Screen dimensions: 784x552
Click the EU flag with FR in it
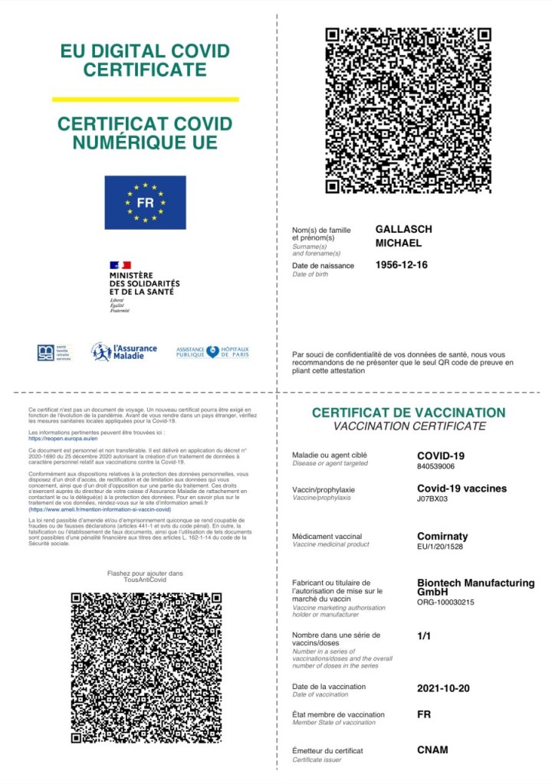tap(145, 203)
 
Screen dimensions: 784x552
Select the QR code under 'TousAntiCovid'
tap(146, 667)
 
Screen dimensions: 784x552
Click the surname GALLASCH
tap(403, 229)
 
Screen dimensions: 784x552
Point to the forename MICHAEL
tap(398, 243)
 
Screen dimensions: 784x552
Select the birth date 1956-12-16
tap(401, 265)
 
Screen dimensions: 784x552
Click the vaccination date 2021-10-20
tap(443, 688)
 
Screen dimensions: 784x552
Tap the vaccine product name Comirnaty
tap(442, 536)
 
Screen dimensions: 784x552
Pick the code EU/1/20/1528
tap(439, 547)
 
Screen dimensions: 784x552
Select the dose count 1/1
tap(424, 635)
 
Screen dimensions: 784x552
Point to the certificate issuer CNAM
tap(432, 750)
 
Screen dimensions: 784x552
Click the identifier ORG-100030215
tap(445, 603)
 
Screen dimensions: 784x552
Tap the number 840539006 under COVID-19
tap(435, 466)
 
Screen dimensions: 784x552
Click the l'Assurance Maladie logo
tap(123, 351)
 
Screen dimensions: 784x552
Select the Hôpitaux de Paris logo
tap(212, 351)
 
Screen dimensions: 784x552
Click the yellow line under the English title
tap(145, 99)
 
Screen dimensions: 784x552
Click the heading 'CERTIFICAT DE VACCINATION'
tap(408, 413)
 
